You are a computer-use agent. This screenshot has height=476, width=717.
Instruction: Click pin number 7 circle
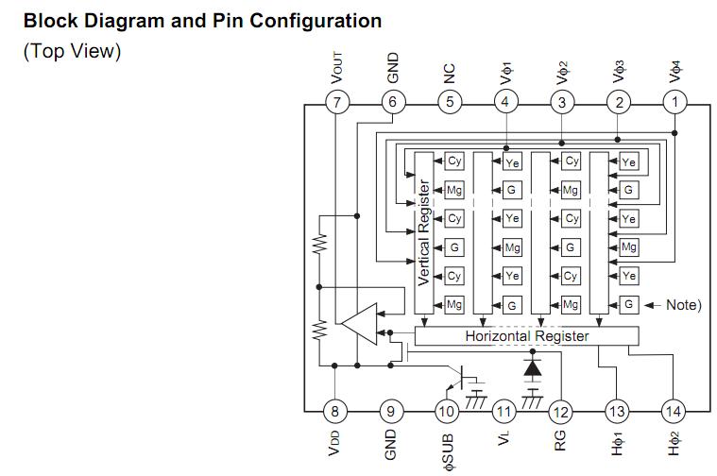[x=336, y=102]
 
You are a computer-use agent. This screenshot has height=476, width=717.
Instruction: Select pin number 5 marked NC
[x=450, y=102]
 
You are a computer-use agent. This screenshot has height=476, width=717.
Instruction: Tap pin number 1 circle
[x=674, y=102]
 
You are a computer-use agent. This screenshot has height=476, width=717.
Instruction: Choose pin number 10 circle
[x=447, y=411]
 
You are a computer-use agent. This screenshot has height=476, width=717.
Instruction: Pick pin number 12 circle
[x=560, y=411]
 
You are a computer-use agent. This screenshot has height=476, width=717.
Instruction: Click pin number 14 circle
[x=674, y=411]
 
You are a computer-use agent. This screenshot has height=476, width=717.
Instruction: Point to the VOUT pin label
[x=337, y=69]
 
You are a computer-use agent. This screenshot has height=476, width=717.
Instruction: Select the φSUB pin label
[x=448, y=449]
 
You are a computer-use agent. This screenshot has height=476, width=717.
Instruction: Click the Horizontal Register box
[x=526, y=336]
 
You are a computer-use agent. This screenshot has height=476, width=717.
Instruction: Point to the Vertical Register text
[x=424, y=232]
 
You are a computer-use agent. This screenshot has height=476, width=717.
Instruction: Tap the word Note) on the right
[x=683, y=305]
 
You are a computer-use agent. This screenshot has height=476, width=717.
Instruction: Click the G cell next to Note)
[x=629, y=305]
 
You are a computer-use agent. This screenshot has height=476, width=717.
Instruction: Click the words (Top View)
[x=72, y=51]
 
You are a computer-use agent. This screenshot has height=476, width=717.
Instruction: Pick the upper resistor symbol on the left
[x=320, y=246]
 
